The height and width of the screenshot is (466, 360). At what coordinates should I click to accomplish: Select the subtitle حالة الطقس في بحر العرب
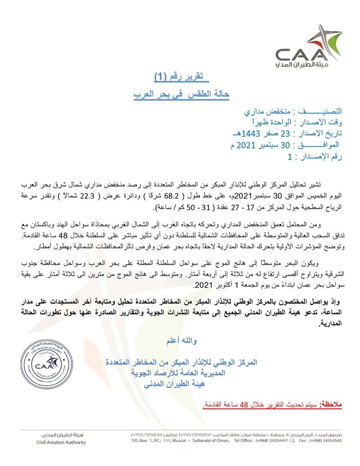(182, 94)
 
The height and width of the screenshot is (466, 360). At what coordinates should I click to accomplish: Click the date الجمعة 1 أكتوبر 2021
(224, 286)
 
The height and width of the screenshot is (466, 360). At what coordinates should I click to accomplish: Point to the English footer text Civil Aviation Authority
(60, 442)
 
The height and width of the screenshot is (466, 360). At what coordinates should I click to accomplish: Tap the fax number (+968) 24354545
(324, 441)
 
